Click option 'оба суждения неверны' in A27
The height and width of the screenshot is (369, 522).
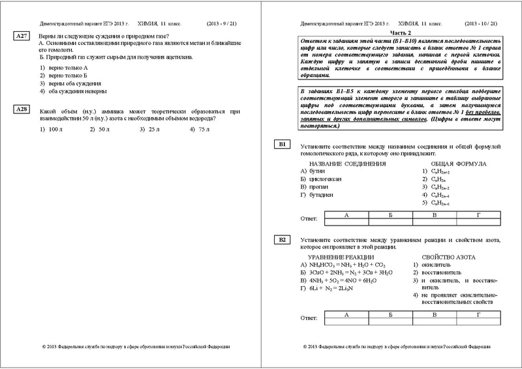[x=72, y=92]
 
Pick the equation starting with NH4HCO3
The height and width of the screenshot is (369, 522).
[x=343, y=265]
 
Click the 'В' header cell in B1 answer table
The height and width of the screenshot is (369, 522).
[x=433, y=214]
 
